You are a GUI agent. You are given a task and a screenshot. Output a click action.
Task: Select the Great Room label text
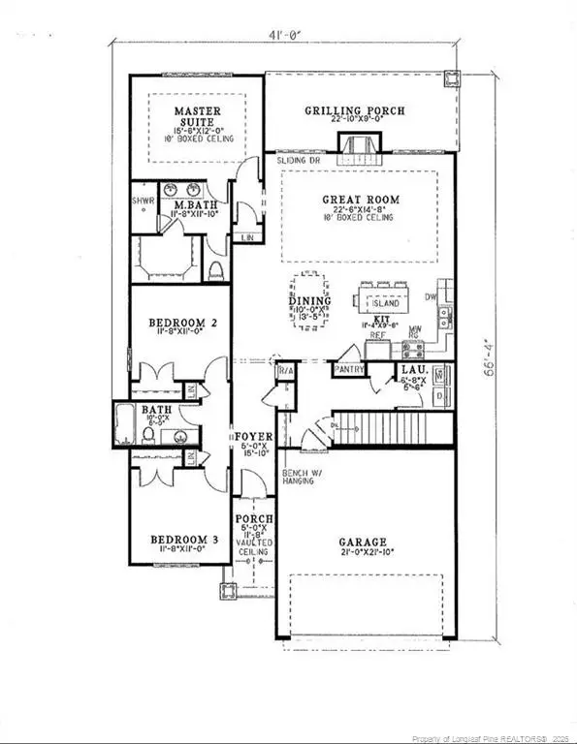361,201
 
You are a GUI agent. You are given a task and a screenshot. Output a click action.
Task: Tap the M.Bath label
186,205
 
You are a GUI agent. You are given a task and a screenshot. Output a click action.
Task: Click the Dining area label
309,301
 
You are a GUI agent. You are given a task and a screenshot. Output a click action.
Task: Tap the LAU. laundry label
407,370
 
